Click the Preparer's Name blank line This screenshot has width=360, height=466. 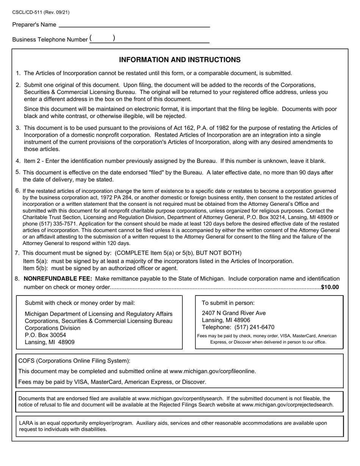coord(134,25)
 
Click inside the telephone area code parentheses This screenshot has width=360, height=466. coord(102,39)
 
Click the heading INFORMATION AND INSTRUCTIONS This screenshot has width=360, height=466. coord(180,60)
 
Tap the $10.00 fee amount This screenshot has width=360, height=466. coord(330,287)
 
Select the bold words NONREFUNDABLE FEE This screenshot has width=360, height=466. coord(58,278)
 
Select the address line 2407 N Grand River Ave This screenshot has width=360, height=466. coord(233,313)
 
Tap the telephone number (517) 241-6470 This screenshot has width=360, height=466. coord(254,327)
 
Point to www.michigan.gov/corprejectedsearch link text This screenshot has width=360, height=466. coord(288,405)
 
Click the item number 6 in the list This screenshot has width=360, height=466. coord(17,190)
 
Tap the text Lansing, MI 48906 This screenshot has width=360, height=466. coord(226,320)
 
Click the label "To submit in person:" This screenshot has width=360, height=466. coord(228,303)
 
